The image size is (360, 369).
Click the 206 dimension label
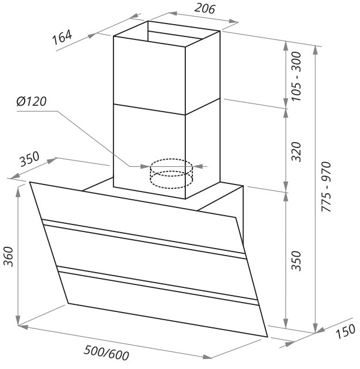205,9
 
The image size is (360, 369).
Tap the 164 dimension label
62,37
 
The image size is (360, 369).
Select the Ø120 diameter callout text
32,102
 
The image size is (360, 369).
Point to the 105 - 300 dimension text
296,76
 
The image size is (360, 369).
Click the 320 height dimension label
296,152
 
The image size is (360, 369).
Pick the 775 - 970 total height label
327,187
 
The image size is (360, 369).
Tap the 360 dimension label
9,257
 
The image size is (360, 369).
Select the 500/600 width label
106,353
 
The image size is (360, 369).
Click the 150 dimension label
345,331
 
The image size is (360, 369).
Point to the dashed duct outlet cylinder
171,174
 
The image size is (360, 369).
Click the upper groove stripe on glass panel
144,238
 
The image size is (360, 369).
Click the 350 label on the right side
296,261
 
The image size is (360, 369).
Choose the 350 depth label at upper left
29,159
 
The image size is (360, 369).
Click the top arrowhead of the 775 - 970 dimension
316,49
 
